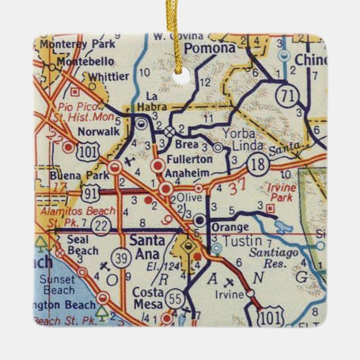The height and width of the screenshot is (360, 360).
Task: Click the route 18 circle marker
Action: click(x=259, y=164)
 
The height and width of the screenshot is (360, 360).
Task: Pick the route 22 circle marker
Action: click(x=100, y=225)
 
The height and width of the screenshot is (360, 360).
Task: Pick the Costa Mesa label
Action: click(x=148, y=299)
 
